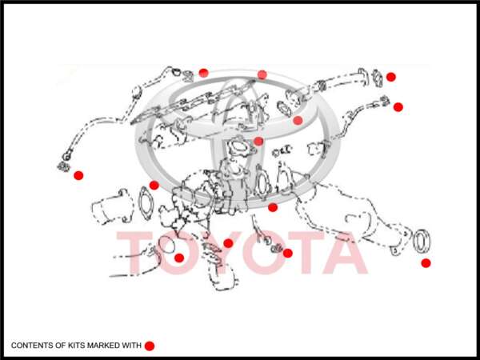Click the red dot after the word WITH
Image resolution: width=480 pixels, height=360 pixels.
[150, 346]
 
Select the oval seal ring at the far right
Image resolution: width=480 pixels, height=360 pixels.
[422, 241]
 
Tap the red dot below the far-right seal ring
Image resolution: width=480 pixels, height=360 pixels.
[426, 263]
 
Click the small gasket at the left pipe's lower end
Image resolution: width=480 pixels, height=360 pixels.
[63, 167]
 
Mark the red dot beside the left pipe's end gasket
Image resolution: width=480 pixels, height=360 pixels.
[78, 175]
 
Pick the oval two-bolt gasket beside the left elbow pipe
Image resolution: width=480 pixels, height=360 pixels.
[146, 203]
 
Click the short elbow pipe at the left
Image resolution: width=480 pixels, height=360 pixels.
[113, 206]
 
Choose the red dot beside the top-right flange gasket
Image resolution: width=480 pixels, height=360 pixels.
[391, 77]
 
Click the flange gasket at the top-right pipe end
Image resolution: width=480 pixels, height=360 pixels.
[378, 78]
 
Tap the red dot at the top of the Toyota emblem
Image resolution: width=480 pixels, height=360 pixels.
[262, 74]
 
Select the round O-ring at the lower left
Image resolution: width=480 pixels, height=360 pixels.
[167, 245]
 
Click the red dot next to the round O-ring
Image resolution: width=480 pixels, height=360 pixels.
[179, 258]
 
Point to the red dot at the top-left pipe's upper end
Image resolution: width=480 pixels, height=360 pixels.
[203, 73]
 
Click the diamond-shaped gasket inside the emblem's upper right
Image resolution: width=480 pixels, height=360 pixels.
[284, 109]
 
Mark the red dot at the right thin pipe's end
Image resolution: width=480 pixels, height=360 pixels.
[398, 107]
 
